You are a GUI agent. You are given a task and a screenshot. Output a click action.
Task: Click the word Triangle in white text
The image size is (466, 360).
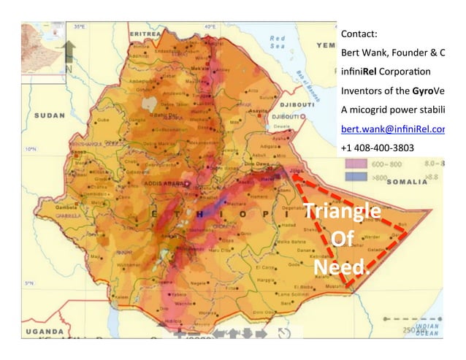(x=342, y=212)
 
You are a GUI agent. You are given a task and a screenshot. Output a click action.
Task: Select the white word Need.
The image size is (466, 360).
(x=341, y=268)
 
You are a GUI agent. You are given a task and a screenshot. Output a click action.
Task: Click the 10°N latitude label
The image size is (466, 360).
(x=31, y=148)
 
